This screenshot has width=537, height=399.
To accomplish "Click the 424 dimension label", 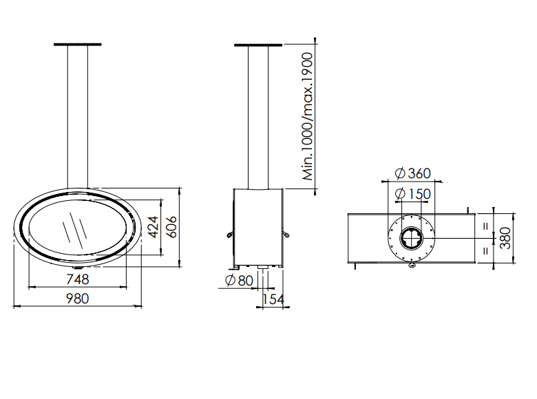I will (x=154, y=226).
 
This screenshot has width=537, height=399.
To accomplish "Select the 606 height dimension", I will (x=173, y=226).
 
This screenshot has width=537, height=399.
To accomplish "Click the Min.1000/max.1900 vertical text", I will (x=308, y=116).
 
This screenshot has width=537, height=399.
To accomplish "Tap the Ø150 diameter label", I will (x=413, y=193).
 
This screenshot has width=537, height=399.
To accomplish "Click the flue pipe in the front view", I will (x=77, y=117).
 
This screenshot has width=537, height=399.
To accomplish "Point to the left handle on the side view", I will (x=228, y=236).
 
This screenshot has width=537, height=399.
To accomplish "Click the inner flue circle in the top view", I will (x=412, y=238).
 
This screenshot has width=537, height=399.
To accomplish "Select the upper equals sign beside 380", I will (x=485, y=225).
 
